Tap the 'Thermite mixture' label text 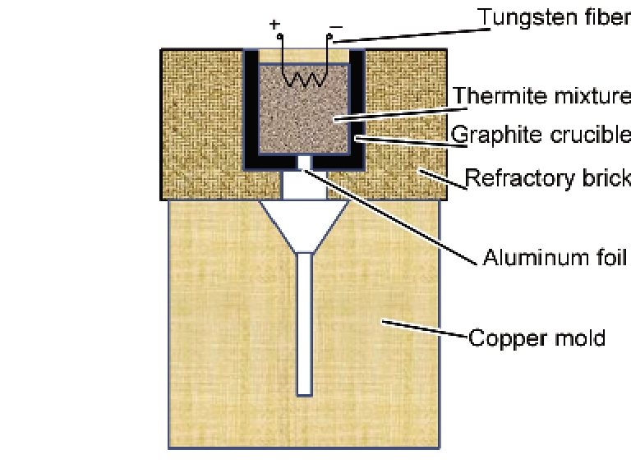click(541, 96)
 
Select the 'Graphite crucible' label click(541, 134)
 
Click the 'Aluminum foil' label click(555, 258)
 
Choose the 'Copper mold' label click(537, 337)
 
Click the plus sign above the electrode click(274, 24)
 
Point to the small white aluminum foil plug click(304, 163)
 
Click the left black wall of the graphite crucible click(250, 107)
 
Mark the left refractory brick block click(201, 123)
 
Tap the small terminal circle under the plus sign click(279, 37)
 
